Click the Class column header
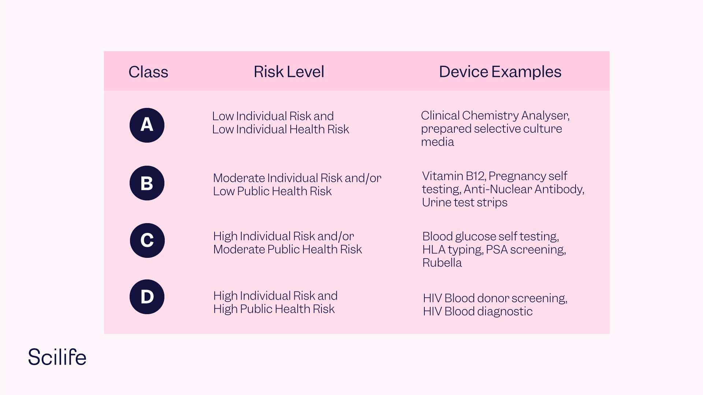coord(148,72)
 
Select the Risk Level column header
coord(289,72)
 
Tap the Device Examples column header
coord(500,72)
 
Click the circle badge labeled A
coord(147,125)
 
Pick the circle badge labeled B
coord(147,183)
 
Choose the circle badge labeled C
coord(147,240)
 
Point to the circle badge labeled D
coord(147,297)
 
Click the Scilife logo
coord(57,357)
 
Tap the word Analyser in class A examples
coord(545,116)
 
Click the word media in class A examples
coord(437,142)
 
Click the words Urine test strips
coord(464,203)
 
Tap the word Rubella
coord(442,263)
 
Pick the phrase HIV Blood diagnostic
coord(477,312)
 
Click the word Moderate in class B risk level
coord(239,178)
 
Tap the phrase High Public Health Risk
coord(274,309)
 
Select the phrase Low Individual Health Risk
coord(280,129)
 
